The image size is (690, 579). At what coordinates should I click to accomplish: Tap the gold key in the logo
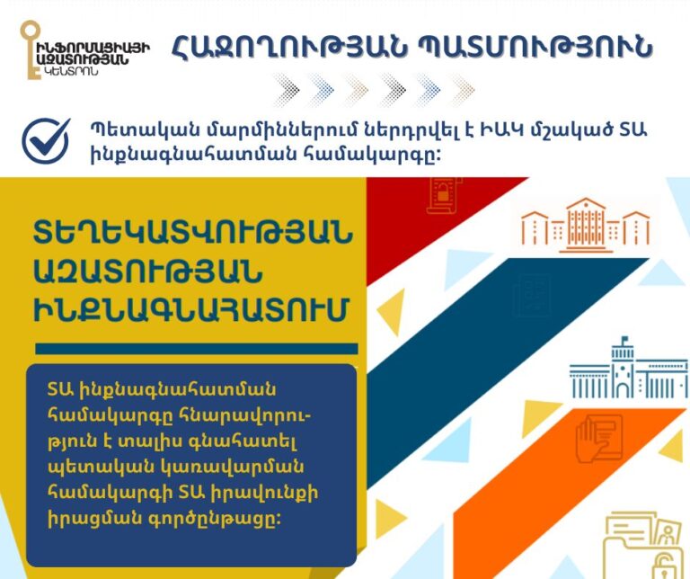(x=28, y=50)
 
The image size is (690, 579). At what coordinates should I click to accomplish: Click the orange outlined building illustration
(x=585, y=221)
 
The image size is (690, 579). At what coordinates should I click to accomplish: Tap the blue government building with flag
(x=630, y=369)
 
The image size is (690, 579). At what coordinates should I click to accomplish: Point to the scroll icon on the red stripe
(x=443, y=196)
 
